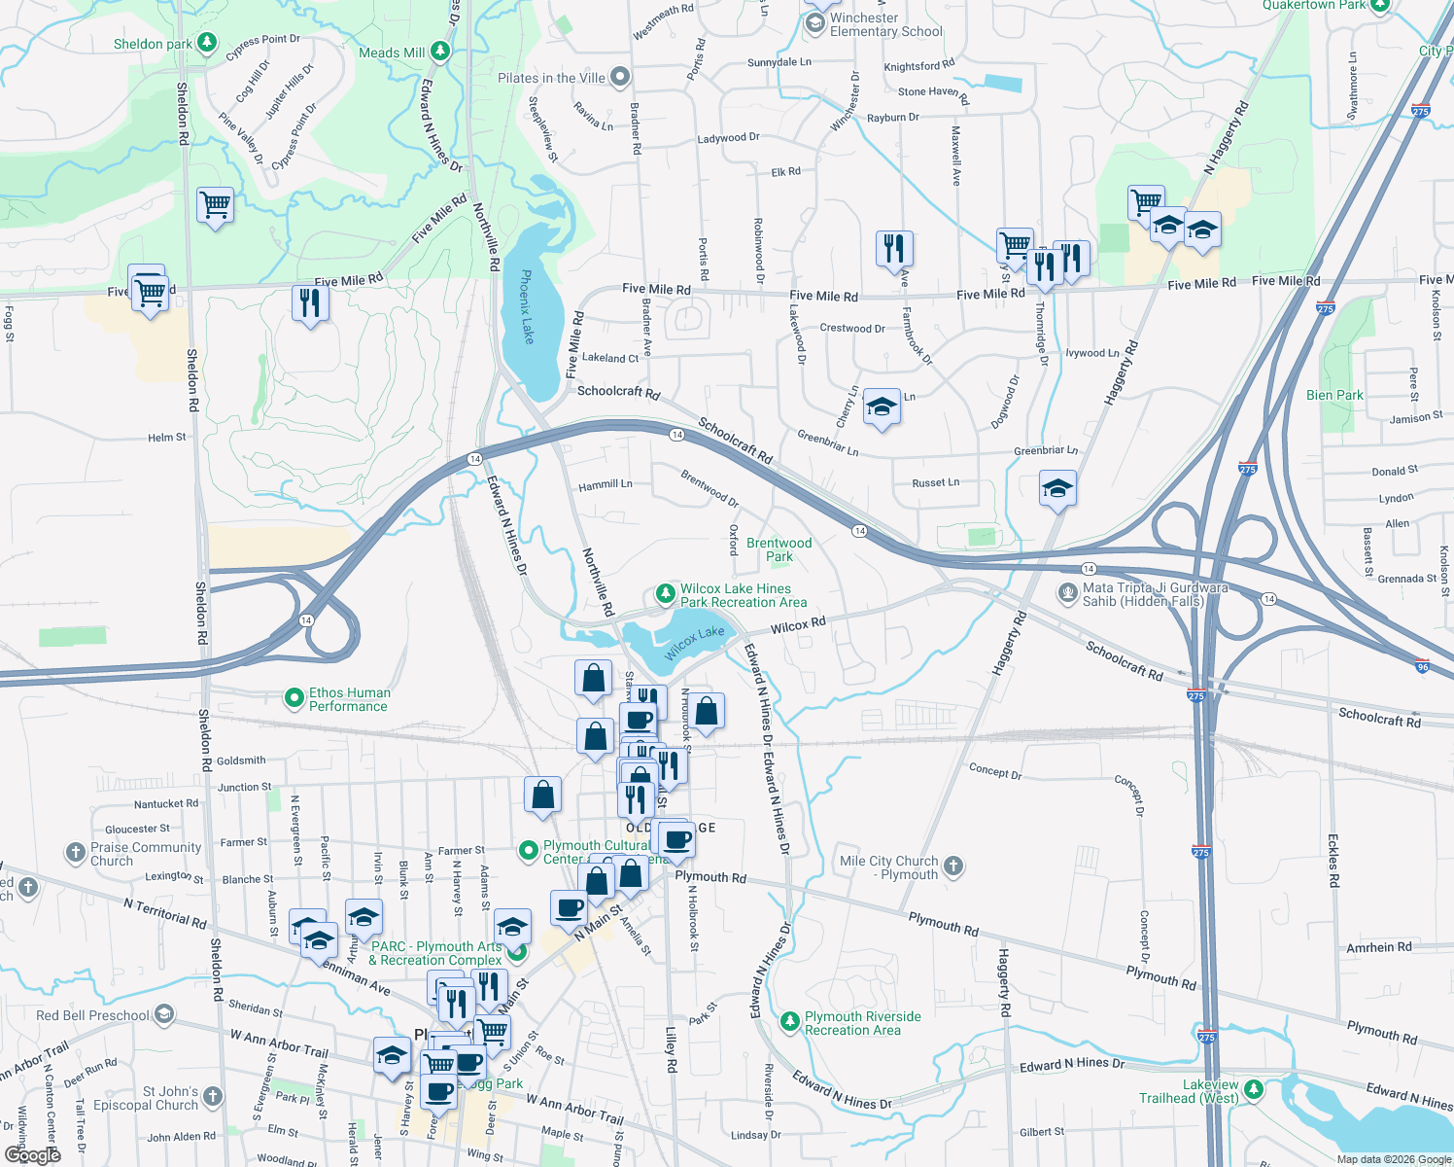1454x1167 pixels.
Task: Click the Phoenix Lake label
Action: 527,306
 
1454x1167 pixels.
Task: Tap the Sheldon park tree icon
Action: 206,43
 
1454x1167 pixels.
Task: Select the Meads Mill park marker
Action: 440,51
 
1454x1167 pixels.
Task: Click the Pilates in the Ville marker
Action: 620,77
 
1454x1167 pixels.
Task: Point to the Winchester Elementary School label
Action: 885,24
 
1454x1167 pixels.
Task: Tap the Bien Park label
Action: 1334,395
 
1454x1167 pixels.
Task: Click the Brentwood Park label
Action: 779,549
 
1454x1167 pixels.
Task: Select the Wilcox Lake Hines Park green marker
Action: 665,592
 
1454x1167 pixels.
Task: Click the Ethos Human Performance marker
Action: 294,697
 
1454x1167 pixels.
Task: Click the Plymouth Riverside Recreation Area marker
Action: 789,1020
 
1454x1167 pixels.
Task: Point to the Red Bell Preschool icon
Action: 163,1014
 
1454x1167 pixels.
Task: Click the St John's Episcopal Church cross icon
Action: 212,1097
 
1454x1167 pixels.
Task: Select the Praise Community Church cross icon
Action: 76,853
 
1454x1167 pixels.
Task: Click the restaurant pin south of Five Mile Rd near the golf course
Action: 310,302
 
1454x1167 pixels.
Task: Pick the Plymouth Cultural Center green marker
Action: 529,851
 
